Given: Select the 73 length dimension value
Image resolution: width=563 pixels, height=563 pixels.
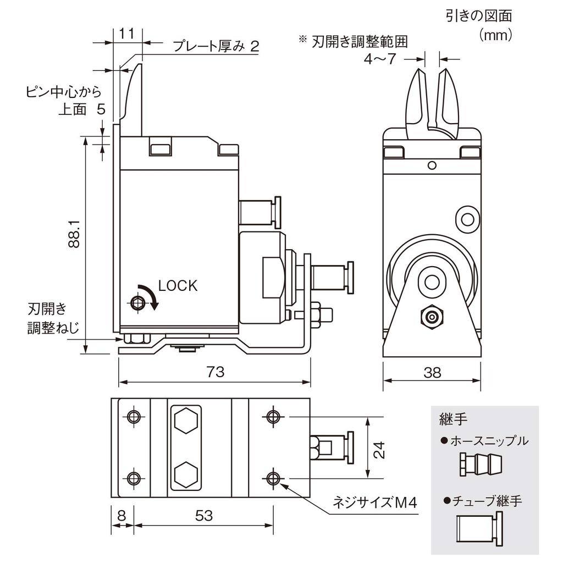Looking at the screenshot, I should pyautogui.click(x=216, y=372).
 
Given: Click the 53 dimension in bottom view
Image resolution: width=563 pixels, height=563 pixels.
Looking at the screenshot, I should pyautogui.click(x=203, y=516).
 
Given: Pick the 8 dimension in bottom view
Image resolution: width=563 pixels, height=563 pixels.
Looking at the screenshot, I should pyautogui.click(x=122, y=516).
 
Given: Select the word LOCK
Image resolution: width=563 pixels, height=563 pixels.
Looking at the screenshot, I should pyautogui.click(x=177, y=286).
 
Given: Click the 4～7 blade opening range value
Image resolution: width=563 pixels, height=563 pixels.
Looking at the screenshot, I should pyautogui.click(x=379, y=59).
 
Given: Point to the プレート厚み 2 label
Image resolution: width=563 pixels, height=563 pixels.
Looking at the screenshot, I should pyautogui.click(x=216, y=47).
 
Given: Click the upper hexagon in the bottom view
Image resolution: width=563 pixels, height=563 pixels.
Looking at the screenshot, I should pyautogui.click(x=186, y=422).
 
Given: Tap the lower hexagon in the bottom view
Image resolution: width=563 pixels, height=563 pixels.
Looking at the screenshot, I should pyautogui.click(x=186, y=473).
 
